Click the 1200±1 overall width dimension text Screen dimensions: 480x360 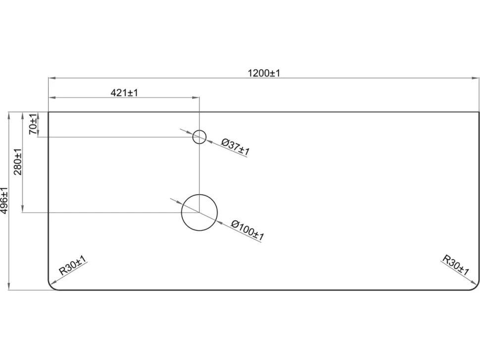[x=264, y=73]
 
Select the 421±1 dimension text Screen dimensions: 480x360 [x=124, y=92]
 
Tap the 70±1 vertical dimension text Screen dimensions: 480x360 [x=33, y=124]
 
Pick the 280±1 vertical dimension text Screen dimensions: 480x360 [x=18, y=162]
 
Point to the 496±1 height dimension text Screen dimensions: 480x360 [x=4, y=201]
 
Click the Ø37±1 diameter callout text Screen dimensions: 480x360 [x=236, y=147]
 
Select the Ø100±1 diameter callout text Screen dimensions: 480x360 [x=247, y=230]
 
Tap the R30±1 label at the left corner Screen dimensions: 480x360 [x=73, y=266]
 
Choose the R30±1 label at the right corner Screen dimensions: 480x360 [x=456, y=265]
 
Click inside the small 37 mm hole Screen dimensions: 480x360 [x=199, y=136]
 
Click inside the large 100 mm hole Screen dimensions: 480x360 [x=199, y=212]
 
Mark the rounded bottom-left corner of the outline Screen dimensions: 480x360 [x=51, y=287]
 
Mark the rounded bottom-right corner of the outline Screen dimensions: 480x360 [x=476, y=287]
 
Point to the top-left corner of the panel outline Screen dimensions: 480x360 [x=48, y=112]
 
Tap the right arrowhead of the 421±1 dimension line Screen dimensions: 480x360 [x=195, y=97]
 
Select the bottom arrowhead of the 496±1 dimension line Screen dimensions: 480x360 [x=9, y=286]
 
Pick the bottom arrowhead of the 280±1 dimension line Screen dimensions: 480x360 [x=22, y=209]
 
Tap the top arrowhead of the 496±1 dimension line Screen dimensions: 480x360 [x=9, y=116]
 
